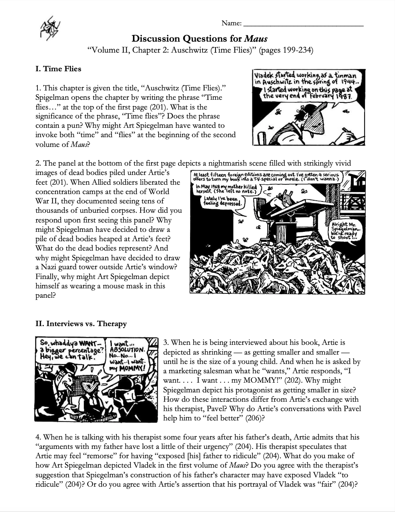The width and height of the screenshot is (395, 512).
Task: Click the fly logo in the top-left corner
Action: coord(49,29)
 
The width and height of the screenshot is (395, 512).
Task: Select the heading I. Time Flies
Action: coord(58,69)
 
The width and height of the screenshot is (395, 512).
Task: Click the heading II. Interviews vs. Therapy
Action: coord(81,324)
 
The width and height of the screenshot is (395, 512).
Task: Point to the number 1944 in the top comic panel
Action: coord(347,82)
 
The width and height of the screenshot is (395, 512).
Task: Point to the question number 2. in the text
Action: coord(38,163)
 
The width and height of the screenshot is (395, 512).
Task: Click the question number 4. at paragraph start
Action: coord(38,438)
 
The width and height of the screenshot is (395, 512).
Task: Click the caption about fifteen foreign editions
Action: coord(266,177)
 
